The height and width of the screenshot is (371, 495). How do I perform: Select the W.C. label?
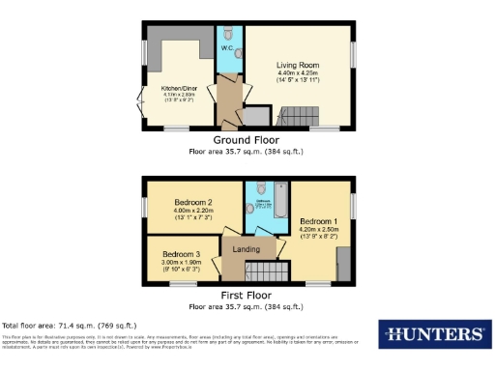(x=226, y=47)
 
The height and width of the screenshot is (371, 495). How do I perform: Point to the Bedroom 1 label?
(x=316, y=219)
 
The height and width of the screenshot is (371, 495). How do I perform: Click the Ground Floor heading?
(x=247, y=140)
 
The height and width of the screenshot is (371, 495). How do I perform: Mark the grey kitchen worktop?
(x=184, y=48)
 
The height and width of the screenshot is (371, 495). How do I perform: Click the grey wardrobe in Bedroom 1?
(x=342, y=262)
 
